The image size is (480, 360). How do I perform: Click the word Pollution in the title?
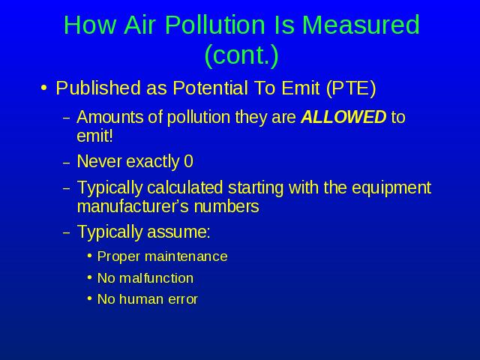(215, 25)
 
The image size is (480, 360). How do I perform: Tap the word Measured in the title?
(361, 25)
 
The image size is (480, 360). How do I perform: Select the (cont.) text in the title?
(241, 55)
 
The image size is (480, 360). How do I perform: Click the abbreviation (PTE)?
(351, 88)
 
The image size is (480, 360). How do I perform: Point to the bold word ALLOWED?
(343, 117)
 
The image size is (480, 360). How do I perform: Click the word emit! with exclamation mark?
(95, 136)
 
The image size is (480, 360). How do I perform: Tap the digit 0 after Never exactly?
(188, 161)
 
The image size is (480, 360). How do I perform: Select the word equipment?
(391, 188)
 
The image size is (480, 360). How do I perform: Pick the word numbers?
(226, 206)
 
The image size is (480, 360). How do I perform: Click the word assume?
(178, 232)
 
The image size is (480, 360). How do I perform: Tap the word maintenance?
(186, 256)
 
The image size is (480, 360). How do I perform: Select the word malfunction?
(157, 278)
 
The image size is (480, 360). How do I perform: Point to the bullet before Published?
(43, 88)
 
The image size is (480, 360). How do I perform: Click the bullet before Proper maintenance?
(89, 256)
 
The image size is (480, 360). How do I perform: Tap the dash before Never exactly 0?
(67, 163)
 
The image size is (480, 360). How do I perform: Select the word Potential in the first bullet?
(210, 88)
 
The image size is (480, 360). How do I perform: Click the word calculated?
(184, 187)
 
